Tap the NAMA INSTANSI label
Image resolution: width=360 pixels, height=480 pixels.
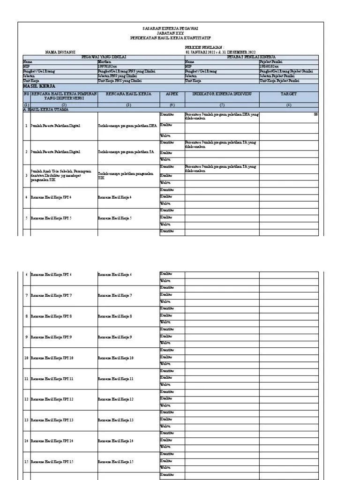pos(60,52)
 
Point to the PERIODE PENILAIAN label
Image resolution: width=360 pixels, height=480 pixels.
pos(205,48)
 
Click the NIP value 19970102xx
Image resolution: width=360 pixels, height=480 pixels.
pos(108,66)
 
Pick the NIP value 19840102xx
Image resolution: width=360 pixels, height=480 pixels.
pos(270,66)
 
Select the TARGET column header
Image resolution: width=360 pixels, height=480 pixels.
pos(288,94)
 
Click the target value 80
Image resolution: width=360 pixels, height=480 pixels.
pos(315,114)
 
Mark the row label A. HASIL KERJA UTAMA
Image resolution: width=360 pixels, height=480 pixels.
pos(46,109)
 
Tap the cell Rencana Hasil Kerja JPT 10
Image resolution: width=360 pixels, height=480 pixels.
pos(52,358)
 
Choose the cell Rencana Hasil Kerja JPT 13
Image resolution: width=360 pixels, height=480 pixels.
pos(52,420)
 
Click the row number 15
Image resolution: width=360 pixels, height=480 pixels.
pos(26,462)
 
